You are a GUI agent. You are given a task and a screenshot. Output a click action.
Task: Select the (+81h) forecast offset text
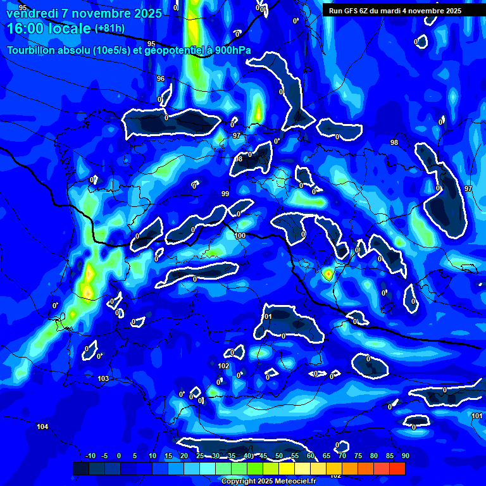(109, 28)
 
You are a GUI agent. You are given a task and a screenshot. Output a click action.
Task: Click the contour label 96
(161, 79)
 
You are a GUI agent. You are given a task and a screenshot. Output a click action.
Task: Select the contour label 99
(225, 194)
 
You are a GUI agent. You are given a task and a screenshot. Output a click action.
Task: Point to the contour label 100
(240, 235)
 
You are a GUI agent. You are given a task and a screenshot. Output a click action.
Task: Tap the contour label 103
(103, 378)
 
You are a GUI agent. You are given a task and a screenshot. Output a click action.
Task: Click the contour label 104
(42, 427)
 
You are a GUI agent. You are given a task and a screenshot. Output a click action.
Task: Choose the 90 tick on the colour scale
(405, 456)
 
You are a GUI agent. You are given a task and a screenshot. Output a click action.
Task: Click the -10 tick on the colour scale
(90, 456)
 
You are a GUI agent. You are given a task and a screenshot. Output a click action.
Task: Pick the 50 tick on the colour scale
(279, 456)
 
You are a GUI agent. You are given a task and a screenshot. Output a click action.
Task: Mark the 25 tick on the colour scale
(200, 456)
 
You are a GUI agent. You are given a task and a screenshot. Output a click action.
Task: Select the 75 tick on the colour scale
(358, 456)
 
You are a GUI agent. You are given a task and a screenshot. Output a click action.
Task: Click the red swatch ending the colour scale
(397, 468)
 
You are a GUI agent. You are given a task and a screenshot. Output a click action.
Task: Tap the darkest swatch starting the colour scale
(81, 468)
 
